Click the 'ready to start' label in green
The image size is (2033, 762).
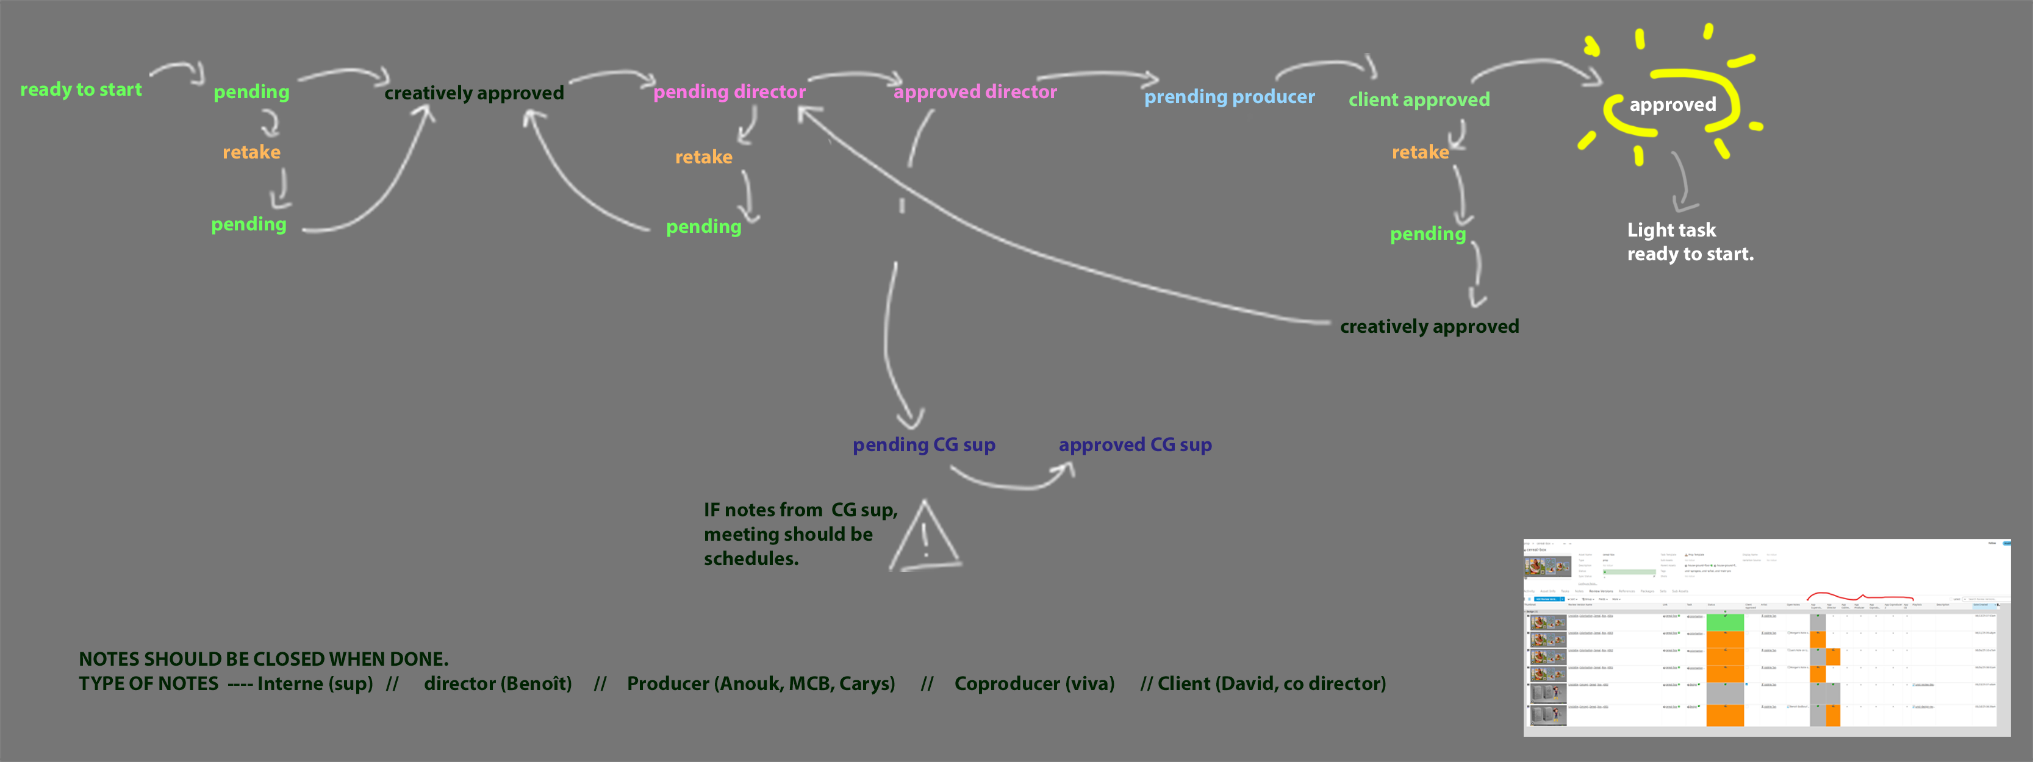(81, 90)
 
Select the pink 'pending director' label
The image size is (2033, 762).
(730, 92)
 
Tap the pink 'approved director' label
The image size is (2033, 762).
(975, 92)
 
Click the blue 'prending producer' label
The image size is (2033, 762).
(1229, 97)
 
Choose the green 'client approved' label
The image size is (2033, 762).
(1418, 100)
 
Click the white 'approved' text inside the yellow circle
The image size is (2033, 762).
(1673, 105)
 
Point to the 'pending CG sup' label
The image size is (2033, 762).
(923, 445)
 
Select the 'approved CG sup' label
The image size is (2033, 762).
(1135, 445)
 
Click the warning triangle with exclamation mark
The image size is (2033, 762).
(925, 538)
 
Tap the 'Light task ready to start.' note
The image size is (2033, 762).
(1689, 241)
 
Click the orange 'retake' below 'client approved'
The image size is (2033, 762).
(1420, 152)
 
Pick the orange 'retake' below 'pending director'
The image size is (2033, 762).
(703, 157)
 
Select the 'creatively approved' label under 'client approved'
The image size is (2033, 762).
(1429, 327)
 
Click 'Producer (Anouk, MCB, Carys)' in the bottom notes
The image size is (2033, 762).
(761, 684)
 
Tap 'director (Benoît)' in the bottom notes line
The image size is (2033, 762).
(497, 684)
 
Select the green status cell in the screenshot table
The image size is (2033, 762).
(1724, 622)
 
